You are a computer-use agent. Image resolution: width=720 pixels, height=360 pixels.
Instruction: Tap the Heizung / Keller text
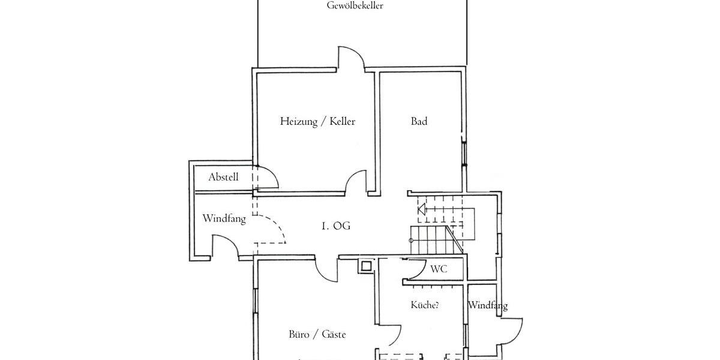(317, 122)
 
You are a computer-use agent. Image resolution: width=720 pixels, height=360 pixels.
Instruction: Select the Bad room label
(419, 122)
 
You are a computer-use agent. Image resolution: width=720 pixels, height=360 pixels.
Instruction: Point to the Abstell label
(223, 177)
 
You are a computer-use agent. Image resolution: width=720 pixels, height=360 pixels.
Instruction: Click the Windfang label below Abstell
(224, 219)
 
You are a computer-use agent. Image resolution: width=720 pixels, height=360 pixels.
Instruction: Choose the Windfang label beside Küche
(487, 306)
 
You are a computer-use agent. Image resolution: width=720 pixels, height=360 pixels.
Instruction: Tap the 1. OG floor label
(335, 226)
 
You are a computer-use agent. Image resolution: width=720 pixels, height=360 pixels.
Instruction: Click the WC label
(439, 269)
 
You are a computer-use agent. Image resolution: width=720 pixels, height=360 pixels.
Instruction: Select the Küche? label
(424, 305)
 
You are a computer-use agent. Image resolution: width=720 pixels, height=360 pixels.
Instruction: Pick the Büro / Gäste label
(317, 335)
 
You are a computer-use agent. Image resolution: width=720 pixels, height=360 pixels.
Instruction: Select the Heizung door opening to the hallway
(358, 181)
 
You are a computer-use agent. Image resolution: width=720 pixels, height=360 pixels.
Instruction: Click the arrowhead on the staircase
(421, 209)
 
